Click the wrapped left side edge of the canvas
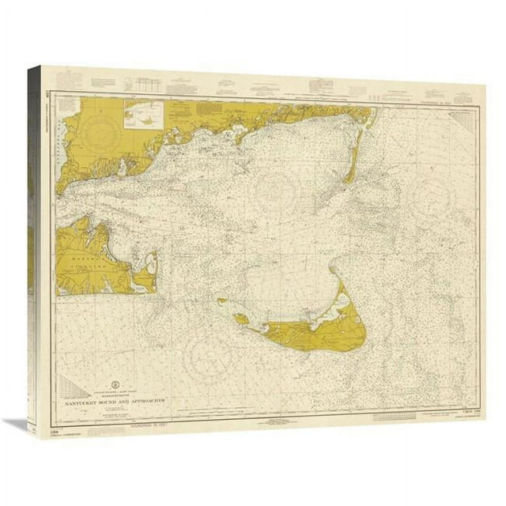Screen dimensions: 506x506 coord(32,237)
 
